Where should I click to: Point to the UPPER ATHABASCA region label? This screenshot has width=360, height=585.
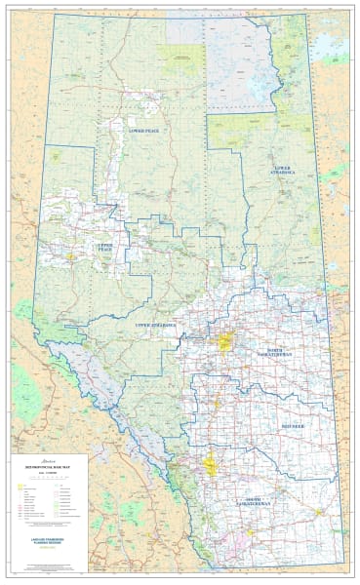pos(155,322)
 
